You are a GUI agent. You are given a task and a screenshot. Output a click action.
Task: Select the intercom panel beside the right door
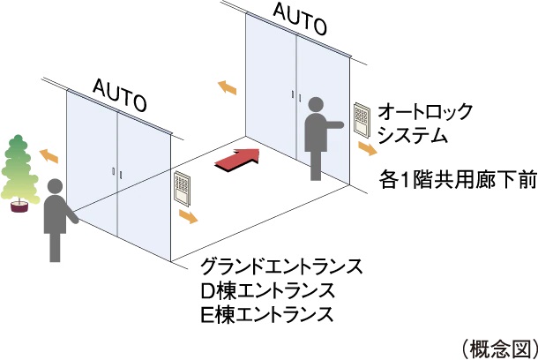click(362, 121)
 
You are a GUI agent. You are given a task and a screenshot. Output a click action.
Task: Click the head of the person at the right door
click(318, 103)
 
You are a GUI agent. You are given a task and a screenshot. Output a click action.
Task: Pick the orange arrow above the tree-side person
click(49, 155)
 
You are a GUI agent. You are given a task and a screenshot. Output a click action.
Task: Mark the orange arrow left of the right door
click(227, 86)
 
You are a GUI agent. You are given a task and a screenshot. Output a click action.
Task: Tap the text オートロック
click(425, 112)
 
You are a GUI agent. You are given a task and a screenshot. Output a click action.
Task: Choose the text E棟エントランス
click(267, 313)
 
